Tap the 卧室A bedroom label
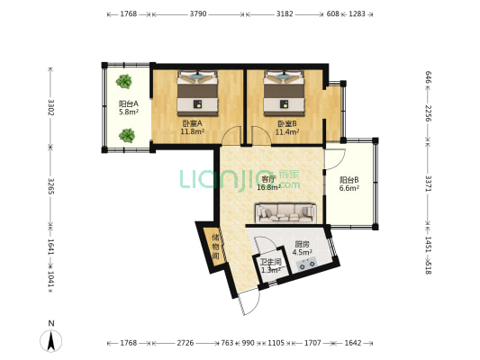(x=192, y=123)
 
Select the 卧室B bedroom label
(x=287, y=124)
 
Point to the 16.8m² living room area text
(x=268, y=187)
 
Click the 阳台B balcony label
(x=349, y=180)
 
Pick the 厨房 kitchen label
(x=302, y=245)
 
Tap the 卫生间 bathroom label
(x=271, y=262)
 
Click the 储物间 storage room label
(x=216, y=247)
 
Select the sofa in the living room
(x=285, y=213)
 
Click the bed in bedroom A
(x=197, y=94)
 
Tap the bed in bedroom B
(x=285, y=94)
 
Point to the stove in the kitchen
(x=307, y=264)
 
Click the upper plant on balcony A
(x=124, y=81)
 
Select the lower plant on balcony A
(x=127, y=135)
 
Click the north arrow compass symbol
(x=51, y=340)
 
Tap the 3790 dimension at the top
(x=198, y=13)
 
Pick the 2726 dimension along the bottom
(x=186, y=343)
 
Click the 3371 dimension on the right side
(x=429, y=184)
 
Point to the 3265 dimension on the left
(x=50, y=186)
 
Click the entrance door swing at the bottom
(x=249, y=301)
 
